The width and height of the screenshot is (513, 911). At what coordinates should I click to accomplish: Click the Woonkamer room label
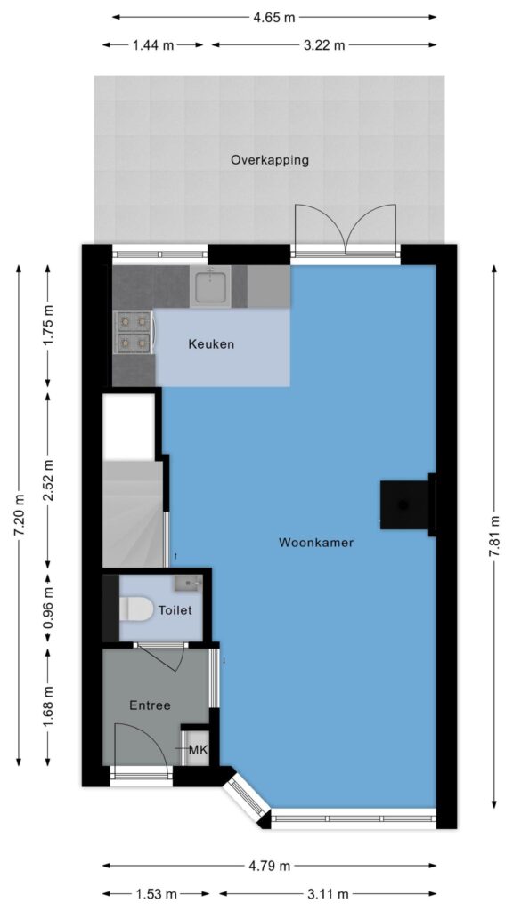(x=316, y=543)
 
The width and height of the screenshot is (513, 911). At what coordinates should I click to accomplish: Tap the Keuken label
(x=211, y=344)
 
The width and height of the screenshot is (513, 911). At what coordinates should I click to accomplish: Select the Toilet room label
(x=175, y=610)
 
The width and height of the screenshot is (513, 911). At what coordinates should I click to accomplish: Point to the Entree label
(x=150, y=705)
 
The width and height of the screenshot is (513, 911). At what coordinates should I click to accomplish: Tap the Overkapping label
(x=270, y=160)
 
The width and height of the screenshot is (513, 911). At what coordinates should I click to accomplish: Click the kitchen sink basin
(x=210, y=286)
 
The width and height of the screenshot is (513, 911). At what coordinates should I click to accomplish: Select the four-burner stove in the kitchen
(x=134, y=333)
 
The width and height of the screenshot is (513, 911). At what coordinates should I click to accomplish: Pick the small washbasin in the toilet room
(x=187, y=583)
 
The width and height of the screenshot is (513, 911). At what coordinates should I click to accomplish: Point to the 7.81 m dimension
(x=494, y=535)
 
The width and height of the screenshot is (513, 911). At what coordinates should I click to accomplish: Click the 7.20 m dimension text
(x=20, y=515)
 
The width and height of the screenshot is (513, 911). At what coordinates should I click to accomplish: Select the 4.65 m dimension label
(x=274, y=18)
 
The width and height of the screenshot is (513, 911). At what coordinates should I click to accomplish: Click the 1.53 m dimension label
(x=156, y=894)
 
